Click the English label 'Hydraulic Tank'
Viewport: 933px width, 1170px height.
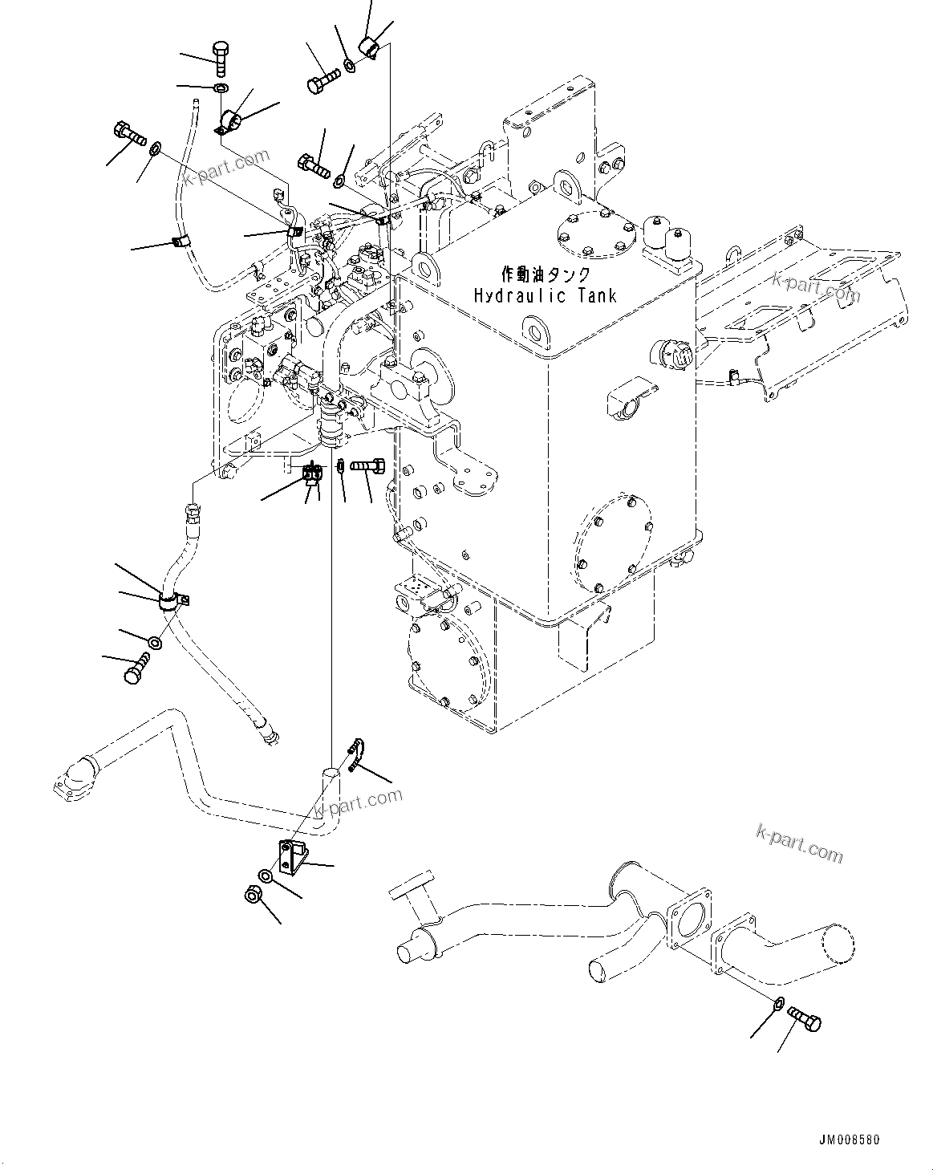point(545,295)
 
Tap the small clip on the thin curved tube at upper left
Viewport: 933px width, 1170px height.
point(181,242)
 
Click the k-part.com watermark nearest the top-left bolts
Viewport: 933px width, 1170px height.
point(225,165)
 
